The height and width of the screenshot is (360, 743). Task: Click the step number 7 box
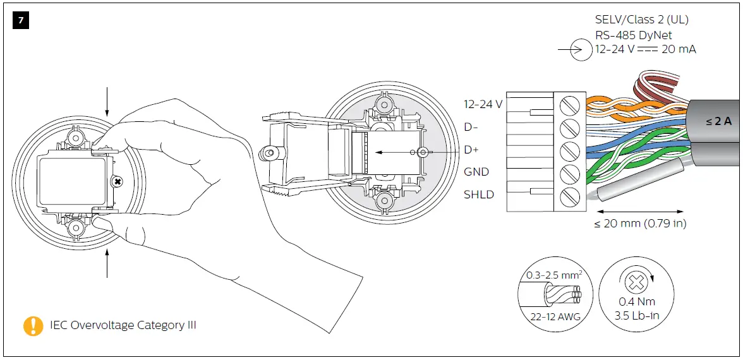tap(21, 21)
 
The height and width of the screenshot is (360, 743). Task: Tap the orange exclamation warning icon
tap(33, 325)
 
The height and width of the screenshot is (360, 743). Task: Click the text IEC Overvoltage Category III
tap(123, 325)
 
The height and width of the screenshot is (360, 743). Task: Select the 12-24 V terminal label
tap(483, 104)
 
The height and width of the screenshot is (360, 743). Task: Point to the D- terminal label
tap(471, 127)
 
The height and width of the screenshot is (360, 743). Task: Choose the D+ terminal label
tap(472, 150)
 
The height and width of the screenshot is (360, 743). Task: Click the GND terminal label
tap(476, 172)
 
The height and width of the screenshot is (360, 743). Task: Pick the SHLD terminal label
tap(478, 195)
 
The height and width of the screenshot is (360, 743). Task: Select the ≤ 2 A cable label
tap(718, 121)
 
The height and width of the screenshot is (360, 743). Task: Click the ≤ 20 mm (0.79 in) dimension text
tap(640, 223)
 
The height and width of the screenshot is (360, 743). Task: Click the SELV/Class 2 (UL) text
tap(642, 20)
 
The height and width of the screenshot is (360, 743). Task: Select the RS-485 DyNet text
tap(634, 35)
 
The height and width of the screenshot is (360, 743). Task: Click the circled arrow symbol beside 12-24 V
tap(581, 50)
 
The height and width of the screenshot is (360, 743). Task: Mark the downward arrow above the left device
tap(107, 101)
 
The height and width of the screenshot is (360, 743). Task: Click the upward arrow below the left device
tap(107, 263)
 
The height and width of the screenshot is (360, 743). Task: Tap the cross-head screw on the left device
tap(117, 182)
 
